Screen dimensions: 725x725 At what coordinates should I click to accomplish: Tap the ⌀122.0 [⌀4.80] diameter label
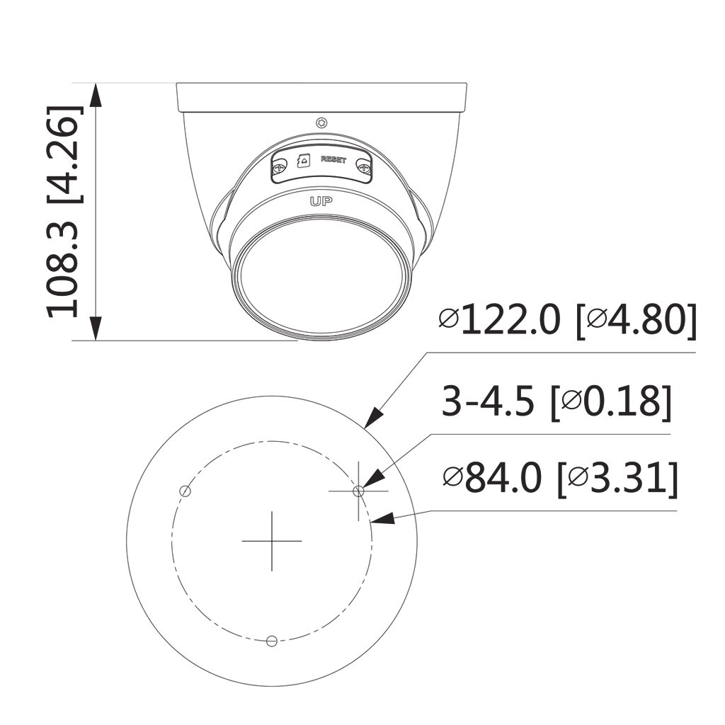567,320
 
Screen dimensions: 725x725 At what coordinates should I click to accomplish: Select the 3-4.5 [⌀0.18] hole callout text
556,401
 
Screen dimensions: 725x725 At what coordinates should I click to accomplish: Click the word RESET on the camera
333,159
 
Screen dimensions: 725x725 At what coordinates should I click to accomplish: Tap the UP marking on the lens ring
321,201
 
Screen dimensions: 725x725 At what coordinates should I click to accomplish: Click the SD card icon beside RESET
304,161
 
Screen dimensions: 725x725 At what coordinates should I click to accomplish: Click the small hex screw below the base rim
322,123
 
